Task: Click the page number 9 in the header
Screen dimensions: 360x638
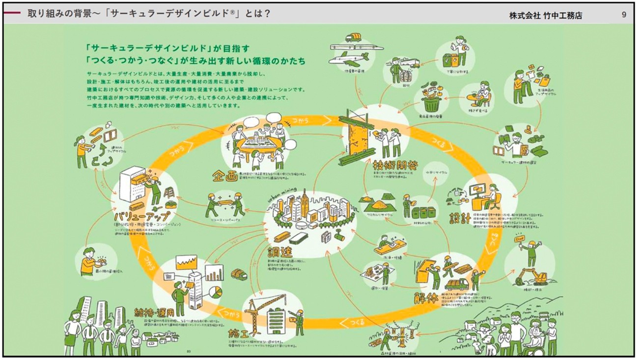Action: click(624, 15)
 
